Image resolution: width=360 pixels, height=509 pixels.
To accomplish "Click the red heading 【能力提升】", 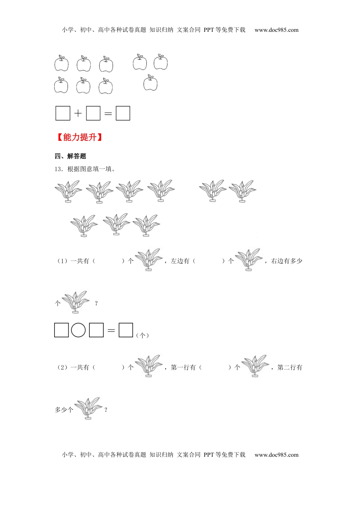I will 80,137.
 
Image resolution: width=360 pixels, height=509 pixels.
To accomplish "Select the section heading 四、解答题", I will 70,156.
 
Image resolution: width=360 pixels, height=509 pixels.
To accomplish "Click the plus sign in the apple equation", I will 78,113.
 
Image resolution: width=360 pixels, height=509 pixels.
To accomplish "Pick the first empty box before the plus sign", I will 63,113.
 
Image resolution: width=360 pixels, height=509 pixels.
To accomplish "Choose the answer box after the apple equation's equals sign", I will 123,113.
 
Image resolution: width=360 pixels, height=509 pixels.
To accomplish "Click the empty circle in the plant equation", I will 78,330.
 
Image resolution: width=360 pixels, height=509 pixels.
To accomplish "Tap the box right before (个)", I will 126,330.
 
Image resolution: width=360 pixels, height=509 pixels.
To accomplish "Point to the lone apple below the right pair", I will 150,83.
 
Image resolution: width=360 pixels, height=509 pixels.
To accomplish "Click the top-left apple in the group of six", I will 61,63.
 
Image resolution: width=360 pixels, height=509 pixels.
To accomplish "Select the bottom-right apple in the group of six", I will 106,86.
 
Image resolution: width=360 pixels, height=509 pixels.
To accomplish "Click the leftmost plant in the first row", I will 68,191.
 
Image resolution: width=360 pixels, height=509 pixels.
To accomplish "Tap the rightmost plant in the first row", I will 243,191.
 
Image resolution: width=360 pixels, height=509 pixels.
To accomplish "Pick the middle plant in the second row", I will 116,224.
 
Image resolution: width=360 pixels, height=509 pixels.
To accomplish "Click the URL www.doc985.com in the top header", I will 276,30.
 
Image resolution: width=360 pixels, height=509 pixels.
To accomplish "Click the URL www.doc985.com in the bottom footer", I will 276,455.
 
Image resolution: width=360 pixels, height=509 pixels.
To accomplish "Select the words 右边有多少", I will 286,261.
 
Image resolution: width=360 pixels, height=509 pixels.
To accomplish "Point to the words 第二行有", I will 290,367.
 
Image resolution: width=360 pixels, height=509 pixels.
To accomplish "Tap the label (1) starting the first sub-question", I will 63,261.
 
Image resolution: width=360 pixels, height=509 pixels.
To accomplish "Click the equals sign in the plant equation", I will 111,330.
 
